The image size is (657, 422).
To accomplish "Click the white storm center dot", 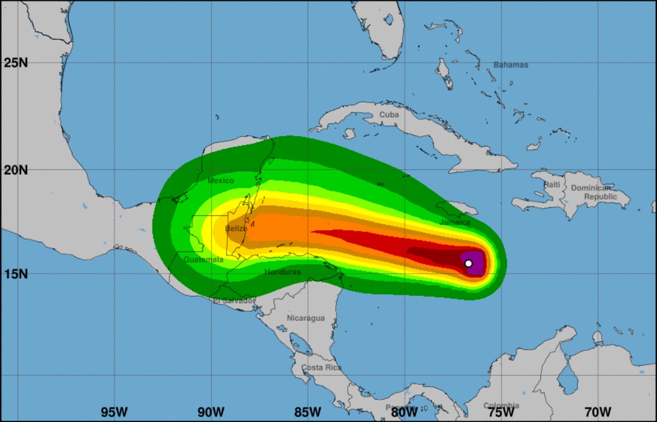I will click(x=468, y=263).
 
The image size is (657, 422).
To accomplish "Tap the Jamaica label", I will click(x=455, y=222).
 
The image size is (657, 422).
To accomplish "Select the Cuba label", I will click(x=389, y=115).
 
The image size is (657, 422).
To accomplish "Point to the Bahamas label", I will click(x=511, y=65).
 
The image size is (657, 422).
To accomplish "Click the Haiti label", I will click(x=552, y=184).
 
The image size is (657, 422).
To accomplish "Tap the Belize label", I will click(x=236, y=228).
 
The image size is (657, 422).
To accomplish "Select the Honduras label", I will click(x=282, y=272).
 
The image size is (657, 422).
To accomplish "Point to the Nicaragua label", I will click(x=306, y=318).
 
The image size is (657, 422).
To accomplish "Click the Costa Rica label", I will click(x=321, y=367).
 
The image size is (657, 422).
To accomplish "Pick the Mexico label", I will click(x=220, y=180).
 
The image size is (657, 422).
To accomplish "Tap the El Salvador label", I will click(x=234, y=301).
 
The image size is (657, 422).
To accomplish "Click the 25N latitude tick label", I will click(x=16, y=63).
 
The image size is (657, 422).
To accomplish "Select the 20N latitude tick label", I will click(x=16, y=169).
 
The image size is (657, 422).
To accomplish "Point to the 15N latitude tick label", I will click(x=16, y=274).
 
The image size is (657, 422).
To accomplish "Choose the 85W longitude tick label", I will click(x=307, y=412).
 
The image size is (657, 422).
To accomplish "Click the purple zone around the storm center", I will click(x=477, y=268).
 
